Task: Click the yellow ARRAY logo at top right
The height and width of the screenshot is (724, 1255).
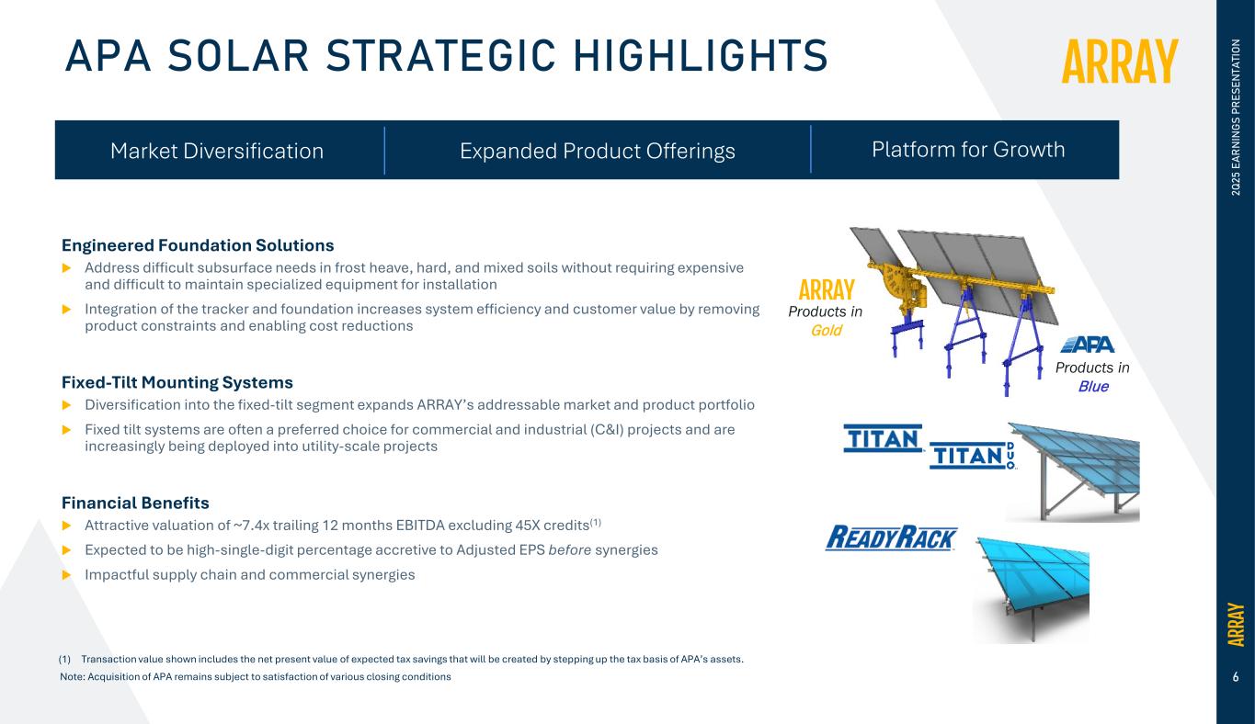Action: (x=1120, y=62)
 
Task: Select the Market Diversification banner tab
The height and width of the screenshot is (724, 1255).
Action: (x=217, y=152)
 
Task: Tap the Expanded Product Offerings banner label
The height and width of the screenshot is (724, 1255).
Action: (x=598, y=152)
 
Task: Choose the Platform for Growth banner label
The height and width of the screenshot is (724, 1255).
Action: (x=967, y=150)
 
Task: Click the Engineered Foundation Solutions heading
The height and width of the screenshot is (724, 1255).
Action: (x=197, y=245)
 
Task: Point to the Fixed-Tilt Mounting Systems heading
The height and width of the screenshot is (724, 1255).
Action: (x=177, y=382)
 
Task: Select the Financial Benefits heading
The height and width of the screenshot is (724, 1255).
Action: (x=135, y=503)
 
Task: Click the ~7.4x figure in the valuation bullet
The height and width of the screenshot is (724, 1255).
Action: (x=251, y=526)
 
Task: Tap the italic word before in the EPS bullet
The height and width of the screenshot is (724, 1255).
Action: (x=569, y=549)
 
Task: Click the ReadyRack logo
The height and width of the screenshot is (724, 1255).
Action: (x=892, y=537)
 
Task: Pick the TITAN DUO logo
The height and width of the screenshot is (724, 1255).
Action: (x=973, y=455)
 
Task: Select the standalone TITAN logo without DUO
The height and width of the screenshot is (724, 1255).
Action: (x=883, y=438)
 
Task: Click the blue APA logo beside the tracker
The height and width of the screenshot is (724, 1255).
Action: (x=1088, y=345)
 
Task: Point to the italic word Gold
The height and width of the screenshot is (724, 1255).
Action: (x=826, y=331)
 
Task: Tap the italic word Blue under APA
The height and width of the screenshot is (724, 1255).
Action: (x=1093, y=387)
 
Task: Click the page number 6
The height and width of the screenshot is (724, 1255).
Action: (x=1236, y=677)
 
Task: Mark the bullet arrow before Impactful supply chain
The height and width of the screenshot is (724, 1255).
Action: (x=67, y=574)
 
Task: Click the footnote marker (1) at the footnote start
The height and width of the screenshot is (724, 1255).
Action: (x=64, y=659)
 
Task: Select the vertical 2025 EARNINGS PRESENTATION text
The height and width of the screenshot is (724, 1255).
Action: (x=1236, y=117)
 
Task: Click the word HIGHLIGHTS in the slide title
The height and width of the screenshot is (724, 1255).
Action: (x=701, y=55)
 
